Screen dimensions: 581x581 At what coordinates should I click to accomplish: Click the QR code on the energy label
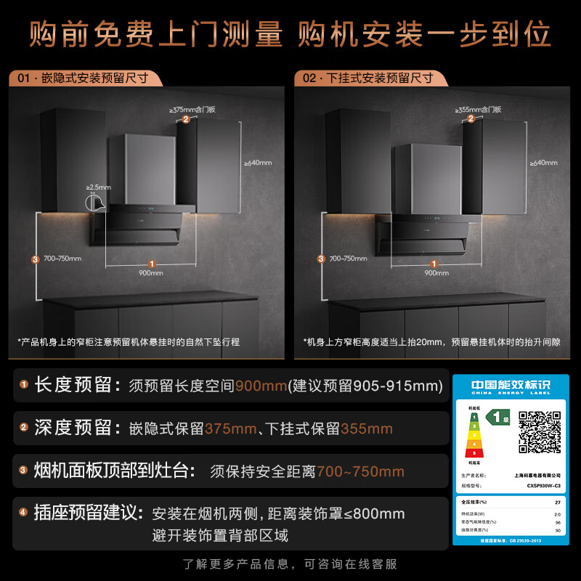point(539,431)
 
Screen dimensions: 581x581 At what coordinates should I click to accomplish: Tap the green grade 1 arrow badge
point(497,418)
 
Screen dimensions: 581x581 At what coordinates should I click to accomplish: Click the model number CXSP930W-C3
point(542,485)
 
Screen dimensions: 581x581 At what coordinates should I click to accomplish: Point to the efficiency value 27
point(558,502)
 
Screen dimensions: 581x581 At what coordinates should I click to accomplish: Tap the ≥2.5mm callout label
point(99,187)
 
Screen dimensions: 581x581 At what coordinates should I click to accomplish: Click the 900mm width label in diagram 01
point(151,272)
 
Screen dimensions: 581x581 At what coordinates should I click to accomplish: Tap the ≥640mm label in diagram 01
point(257,163)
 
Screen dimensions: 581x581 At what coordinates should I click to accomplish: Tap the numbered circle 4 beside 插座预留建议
point(23,513)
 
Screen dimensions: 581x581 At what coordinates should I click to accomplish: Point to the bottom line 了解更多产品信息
point(290,564)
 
